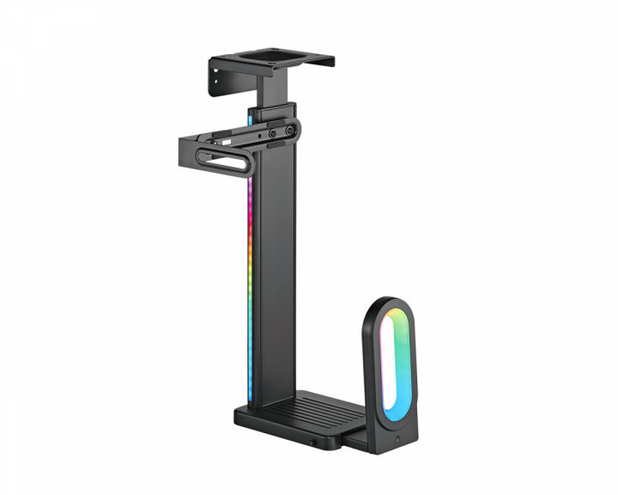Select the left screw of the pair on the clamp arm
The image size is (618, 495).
tap(260, 134)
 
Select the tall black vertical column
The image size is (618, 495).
tap(275, 275)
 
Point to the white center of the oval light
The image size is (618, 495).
tap(393, 365)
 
